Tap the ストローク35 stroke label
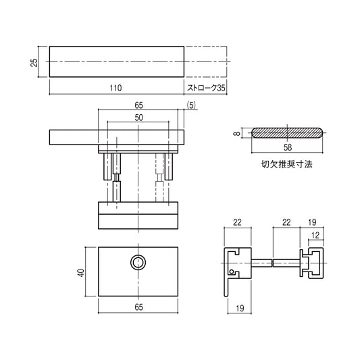(x=205, y=88)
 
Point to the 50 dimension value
(x=138, y=118)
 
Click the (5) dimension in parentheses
(x=191, y=105)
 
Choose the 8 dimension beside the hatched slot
(x=237, y=134)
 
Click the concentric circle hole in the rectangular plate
(x=138, y=262)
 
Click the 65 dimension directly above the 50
(x=138, y=105)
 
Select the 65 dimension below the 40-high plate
(x=138, y=307)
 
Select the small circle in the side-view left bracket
(x=234, y=273)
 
